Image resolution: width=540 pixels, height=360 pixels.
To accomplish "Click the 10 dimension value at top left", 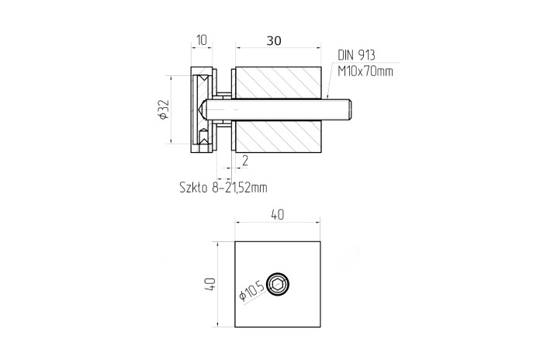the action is [x=202, y=40].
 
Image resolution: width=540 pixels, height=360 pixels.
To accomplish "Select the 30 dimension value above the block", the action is [x=274, y=41].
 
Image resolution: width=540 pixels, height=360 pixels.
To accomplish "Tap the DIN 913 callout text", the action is [x=356, y=55].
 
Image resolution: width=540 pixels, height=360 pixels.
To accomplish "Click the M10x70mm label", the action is [x=365, y=71].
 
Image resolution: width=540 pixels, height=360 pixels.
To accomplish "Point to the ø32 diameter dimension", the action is [x=164, y=109].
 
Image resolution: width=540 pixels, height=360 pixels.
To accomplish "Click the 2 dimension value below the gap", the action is [x=245, y=161].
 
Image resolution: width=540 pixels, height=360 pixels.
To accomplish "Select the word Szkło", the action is [x=193, y=188].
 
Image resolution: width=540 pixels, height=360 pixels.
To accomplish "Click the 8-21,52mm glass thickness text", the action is [x=240, y=188].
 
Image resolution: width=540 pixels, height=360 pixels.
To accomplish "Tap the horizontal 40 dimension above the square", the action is [x=278, y=215].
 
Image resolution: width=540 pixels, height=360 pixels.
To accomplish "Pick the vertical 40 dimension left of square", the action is [x=210, y=284].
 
